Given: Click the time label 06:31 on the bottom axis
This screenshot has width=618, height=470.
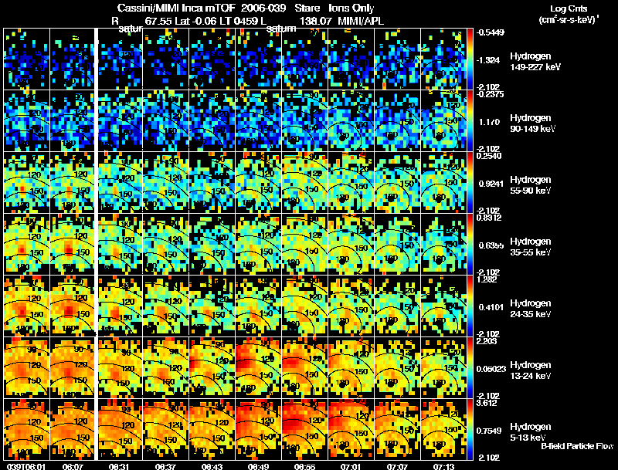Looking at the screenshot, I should [x=118, y=466].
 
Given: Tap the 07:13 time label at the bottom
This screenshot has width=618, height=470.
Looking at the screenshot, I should [x=443, y=466].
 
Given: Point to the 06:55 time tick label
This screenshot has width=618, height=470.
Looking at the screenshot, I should [x=304, y=466].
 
